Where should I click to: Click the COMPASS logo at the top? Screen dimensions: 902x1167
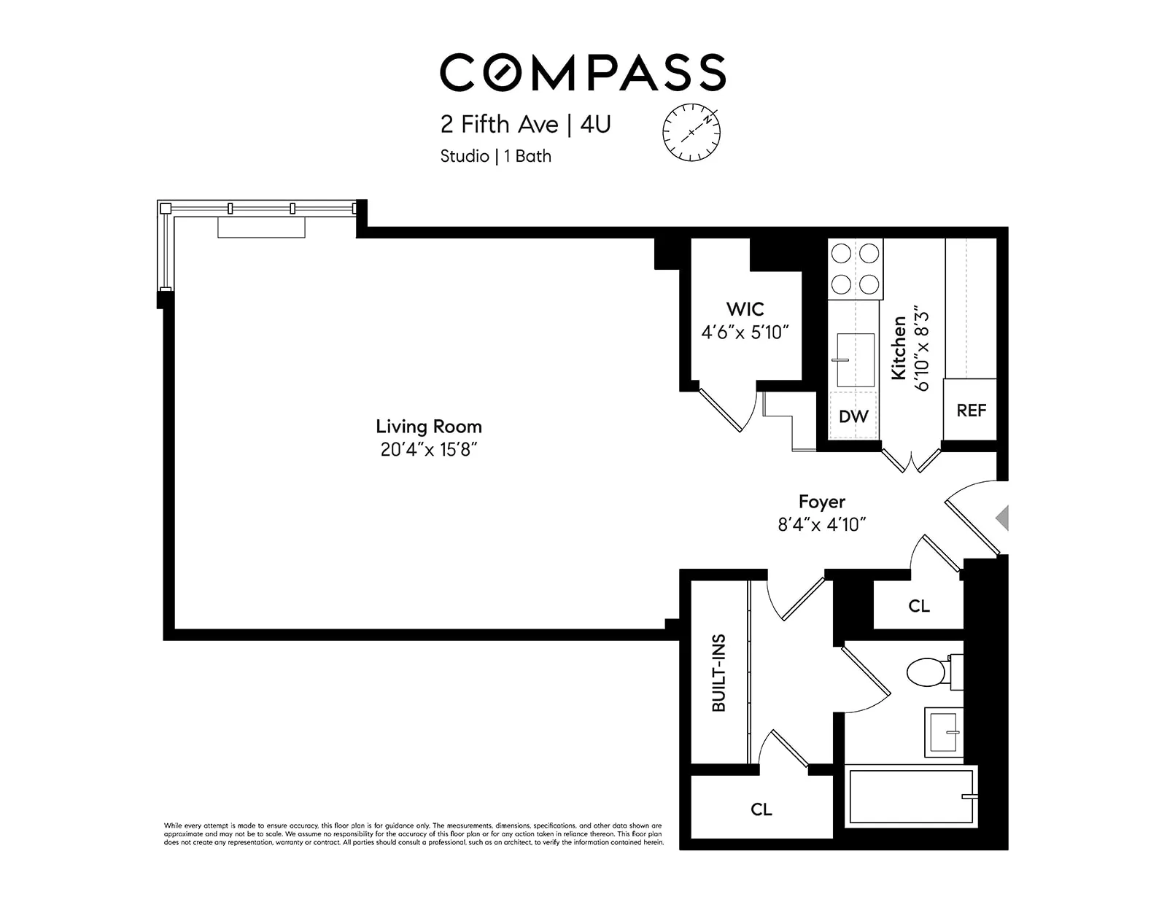tap(582, 72)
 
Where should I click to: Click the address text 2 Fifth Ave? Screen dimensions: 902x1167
tap(499, 125)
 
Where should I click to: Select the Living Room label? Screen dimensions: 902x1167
tap(428, 427)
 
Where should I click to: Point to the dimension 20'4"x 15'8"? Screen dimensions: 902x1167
tap(428, 450)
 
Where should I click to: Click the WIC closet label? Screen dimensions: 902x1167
tap(745, 308)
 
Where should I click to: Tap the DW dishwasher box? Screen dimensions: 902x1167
tap(853, 416)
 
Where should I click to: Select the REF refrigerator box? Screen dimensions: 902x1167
tap(971, 410)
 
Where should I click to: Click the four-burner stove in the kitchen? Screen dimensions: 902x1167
tap(856, 268)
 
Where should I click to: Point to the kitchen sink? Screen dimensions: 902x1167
tap(855, 359)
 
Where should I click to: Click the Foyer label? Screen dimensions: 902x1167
tap(821, 502)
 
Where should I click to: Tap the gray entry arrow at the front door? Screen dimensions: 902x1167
tap(1003, 518)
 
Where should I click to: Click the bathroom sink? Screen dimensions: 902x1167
tap(943, 731)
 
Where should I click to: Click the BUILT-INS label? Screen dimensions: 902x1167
tap(719, 673)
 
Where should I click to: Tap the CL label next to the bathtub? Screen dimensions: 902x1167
tap(761, 809)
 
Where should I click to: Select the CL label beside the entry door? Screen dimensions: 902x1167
tap(919, 606)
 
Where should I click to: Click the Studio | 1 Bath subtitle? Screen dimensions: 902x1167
tap(495, 156)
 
